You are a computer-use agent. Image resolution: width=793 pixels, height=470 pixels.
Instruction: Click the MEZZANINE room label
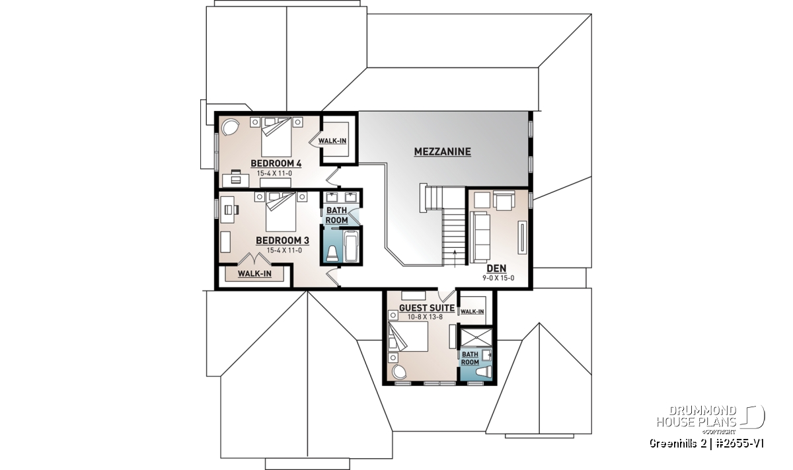[x=443, y=151]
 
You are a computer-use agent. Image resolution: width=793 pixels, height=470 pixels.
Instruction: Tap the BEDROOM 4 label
[x=276, y=164]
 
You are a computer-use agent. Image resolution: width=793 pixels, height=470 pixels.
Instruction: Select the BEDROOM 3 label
[x=282, y=241]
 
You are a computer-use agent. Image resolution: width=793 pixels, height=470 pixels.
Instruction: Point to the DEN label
[x=496, y=268]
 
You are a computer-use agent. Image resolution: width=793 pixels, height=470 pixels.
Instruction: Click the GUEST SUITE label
[x=427, y=308]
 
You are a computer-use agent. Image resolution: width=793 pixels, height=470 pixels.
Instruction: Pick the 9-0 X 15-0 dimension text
[x=498, y=278]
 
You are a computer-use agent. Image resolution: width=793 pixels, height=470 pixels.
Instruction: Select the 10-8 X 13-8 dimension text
[x=425, y=317]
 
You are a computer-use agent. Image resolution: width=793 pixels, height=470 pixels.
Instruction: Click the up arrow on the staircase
[x=455, y=257]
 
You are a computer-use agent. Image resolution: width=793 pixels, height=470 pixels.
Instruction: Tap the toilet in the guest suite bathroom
[x=483, y=373]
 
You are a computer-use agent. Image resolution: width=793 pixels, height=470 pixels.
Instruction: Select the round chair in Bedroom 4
[x=231, y=127]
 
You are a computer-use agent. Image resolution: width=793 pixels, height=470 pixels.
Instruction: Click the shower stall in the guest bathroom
[x=476, y=336]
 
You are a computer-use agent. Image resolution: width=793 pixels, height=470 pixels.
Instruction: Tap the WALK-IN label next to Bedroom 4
[x=332, y=141]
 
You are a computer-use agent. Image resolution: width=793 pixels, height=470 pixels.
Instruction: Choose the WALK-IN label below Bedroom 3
[x=254, y=274]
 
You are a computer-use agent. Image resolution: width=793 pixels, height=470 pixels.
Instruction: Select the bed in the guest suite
[x=408, y=336]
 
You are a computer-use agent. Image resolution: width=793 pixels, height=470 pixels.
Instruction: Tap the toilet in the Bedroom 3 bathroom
[x=332, y=254]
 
